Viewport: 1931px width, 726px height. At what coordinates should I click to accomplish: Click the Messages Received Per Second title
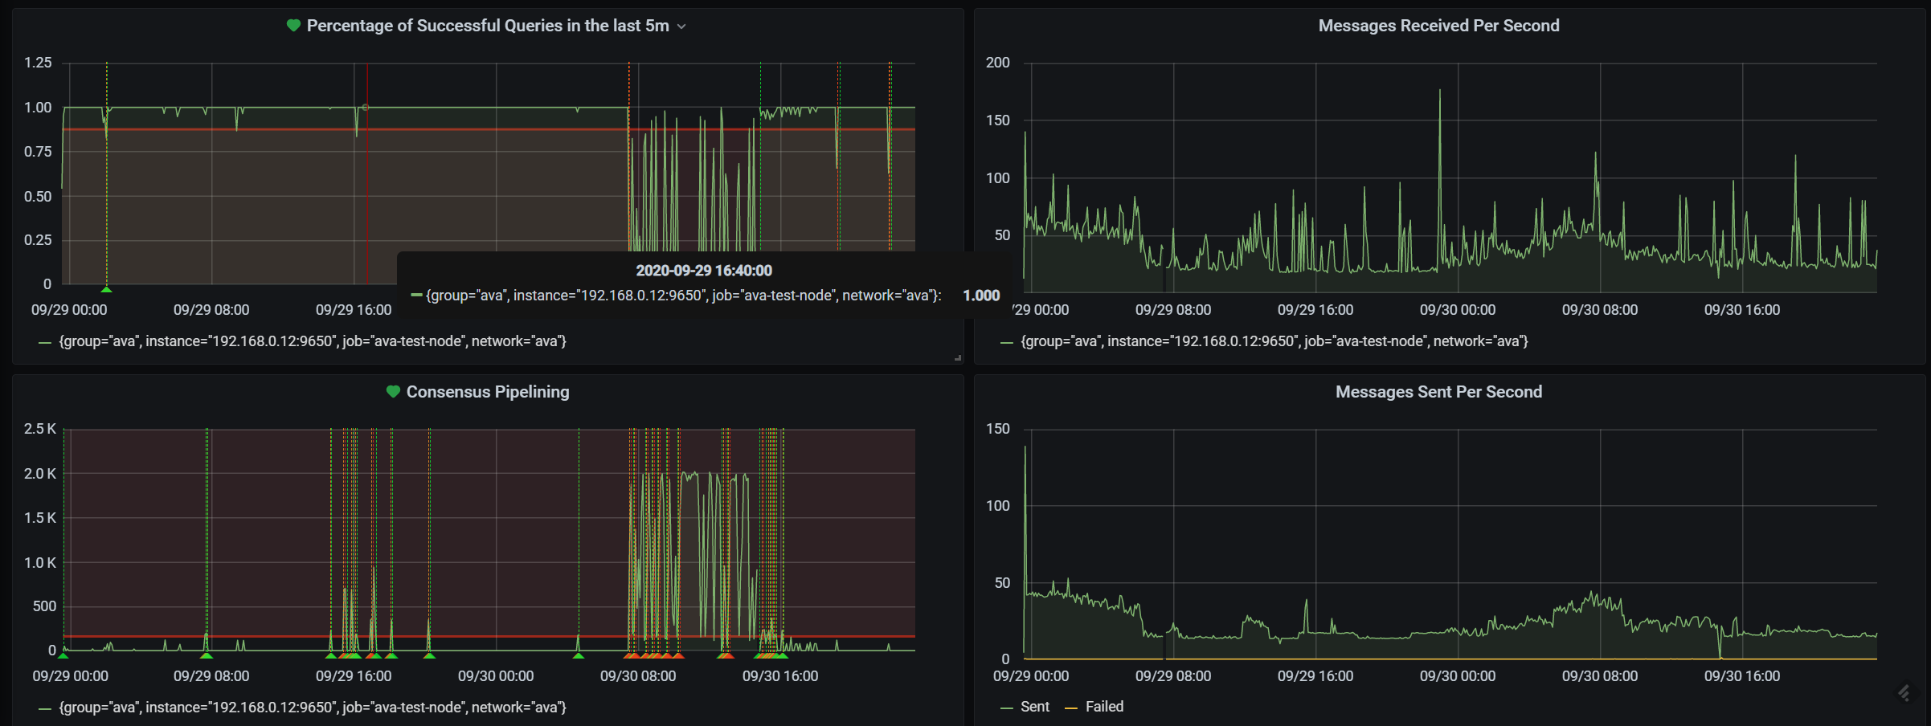[x=1438, y=26]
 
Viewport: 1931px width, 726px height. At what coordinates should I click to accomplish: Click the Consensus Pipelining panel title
[x=487, y=392]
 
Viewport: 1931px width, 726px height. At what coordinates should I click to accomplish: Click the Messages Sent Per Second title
[x=1438, y=392]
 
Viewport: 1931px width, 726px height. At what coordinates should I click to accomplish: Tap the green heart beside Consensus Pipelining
[x=393, y=392]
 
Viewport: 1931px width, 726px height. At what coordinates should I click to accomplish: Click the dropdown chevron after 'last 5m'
[x=681, y=27]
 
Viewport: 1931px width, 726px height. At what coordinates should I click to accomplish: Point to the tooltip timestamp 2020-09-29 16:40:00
[x=703, y=271]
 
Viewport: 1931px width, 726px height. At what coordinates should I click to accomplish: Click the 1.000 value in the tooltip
[x=980, y=296]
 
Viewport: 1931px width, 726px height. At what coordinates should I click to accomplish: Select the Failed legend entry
[x=1104, y=707]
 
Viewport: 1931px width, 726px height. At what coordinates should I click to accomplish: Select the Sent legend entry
[x=1034, y=707]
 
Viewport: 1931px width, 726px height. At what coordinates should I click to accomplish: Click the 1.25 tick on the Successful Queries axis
[x=38, y=63]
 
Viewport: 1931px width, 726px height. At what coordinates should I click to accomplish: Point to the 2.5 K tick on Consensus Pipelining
[x=39, y=429]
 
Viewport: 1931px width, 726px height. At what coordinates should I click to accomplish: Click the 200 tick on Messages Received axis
[x=997, y=63]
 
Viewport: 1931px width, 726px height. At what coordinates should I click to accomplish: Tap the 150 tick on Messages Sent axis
[x=997, y=429]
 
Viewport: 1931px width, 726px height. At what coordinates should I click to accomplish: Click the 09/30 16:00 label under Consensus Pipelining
[x=779, y=676]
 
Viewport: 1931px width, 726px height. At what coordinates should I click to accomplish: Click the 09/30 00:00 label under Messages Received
[x=1457, y=310]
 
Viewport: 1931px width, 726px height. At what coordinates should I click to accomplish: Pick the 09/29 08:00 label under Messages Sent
[x=1172, y=676]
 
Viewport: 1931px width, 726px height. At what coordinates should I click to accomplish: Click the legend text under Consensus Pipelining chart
[x=312, y=708]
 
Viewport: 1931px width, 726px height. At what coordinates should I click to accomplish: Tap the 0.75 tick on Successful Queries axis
[x=38, y=152]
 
